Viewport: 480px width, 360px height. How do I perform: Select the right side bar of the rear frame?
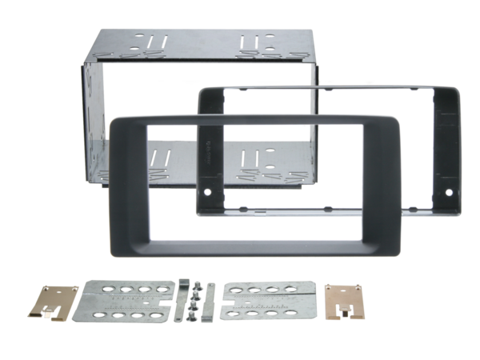[x=450, y=152]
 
